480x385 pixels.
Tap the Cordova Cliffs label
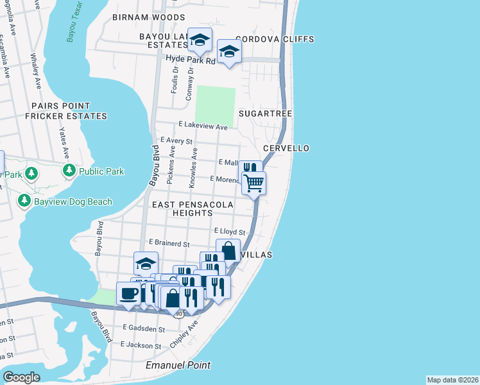[275, 39]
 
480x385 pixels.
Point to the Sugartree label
[266, 114]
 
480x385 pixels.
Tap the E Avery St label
[177, 140]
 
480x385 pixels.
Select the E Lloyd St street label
[230, 231]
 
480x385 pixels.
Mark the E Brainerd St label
[169, 244]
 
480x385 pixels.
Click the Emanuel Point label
[178, 365]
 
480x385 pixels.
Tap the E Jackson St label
[142, 345]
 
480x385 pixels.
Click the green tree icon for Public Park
[69, 171]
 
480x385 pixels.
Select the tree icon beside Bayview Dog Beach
[24, 201]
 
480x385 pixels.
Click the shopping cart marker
[254, 183]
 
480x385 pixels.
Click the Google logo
[22, 377]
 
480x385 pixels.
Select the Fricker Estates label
[65, 116]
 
